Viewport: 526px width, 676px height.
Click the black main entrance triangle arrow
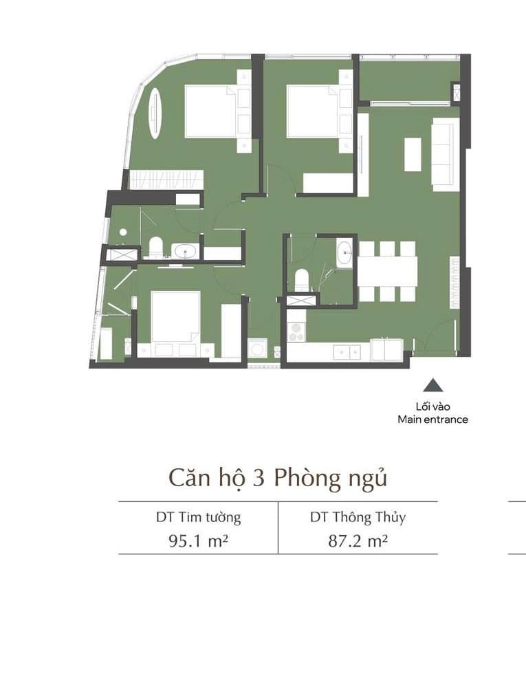pyautogui.click(x=432, y=385)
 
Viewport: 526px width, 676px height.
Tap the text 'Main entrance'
pyautogui.click(x=432, y=419)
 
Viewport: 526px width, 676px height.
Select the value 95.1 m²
pyautogui.click(x=198, y=541)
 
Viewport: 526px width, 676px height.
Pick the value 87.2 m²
pyautogui.click(x=358, y=541)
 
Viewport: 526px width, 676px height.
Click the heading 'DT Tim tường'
pyautogui.click(x=198, y=517)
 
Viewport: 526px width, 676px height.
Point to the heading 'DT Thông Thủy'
pyautogui.click(x=358, y=517)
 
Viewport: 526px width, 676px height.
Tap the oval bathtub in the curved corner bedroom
pyautogui.click(x=155, y=113)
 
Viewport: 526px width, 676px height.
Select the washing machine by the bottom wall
pyautogui.click(x=257, y=349)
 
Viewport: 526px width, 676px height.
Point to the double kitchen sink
pyautogui.click(x=347, y=352)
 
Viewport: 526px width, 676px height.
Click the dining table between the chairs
pyautogui.click(x=388, y=271)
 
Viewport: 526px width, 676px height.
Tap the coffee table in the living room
pyautogui.click(x=413, y=154)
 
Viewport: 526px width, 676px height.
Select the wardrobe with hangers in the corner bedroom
pyautogui.click(x=166, y=179)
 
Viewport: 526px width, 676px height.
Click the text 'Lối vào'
pyautogui.click(x=433, y=406)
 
